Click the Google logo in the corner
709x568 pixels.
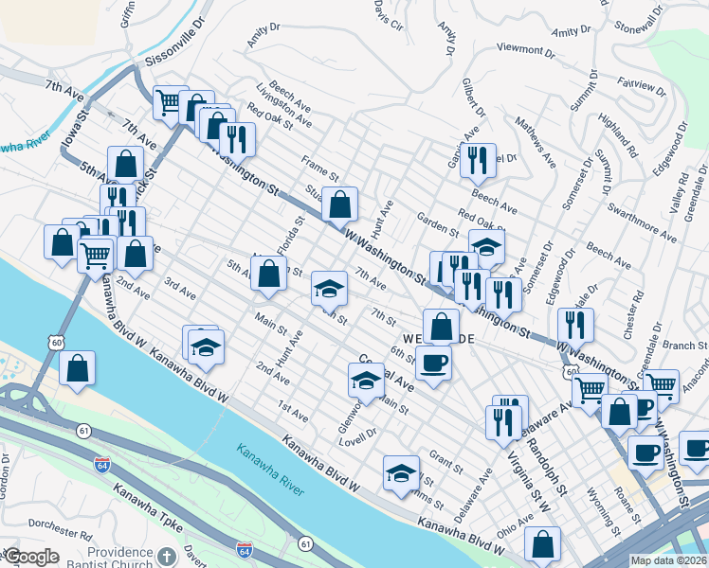[x=30, y=557]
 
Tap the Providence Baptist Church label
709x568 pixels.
[x=119, y=558]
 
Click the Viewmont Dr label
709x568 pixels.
[x=524, y=48]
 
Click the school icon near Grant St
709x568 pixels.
[x=401, y=472]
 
